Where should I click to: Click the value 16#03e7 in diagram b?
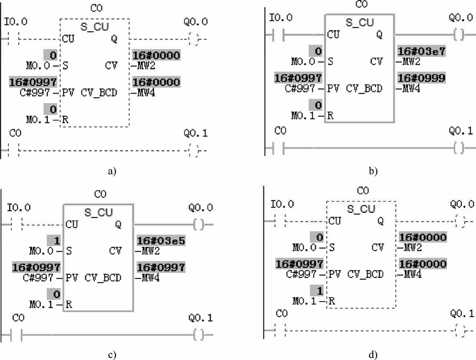coord(421,51)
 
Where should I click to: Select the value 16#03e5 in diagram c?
coord(161,241)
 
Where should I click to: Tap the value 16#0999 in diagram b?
coord(421,78)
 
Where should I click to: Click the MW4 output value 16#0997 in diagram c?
coord(161,268)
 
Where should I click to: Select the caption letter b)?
coord(373,171)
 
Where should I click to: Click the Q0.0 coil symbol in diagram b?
coord(459,35)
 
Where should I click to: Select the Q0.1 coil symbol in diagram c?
coord(198,335)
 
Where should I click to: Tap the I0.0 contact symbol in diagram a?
coord(13,38)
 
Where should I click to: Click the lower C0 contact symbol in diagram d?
coord(280,330)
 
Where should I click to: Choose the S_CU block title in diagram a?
coord(95,27)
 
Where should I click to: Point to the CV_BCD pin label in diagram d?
coord(365,275)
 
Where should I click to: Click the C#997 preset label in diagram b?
coord(300,89)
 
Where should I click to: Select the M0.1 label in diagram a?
coord(37,120)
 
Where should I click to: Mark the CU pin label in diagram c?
coord(72,224)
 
